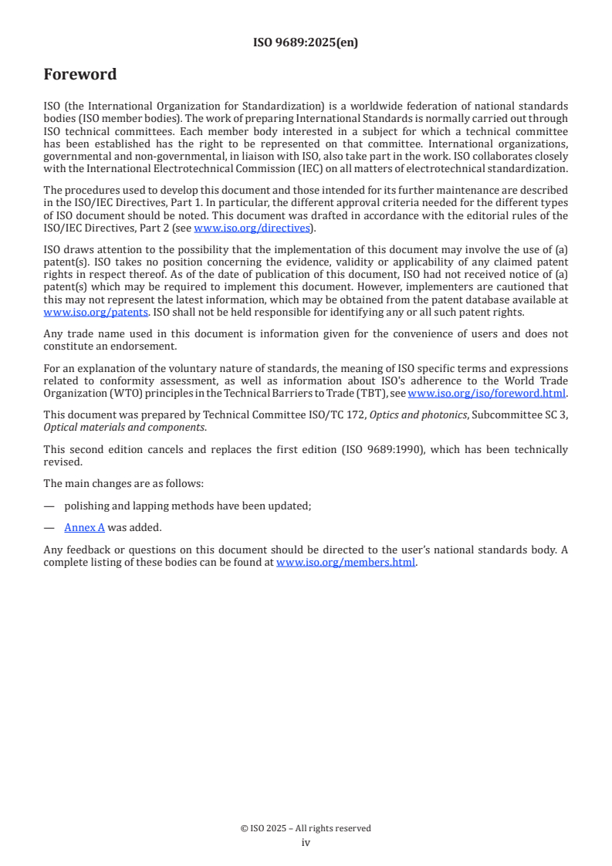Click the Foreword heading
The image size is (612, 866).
80,75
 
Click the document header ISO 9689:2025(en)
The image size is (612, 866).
306,43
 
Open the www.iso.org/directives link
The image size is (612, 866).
252,228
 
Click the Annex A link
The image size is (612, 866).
84,527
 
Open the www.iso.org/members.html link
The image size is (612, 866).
346,563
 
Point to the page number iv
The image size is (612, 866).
306,842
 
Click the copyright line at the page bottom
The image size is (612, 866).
306,828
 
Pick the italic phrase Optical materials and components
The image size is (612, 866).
123,427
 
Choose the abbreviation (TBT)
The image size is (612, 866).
363,394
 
